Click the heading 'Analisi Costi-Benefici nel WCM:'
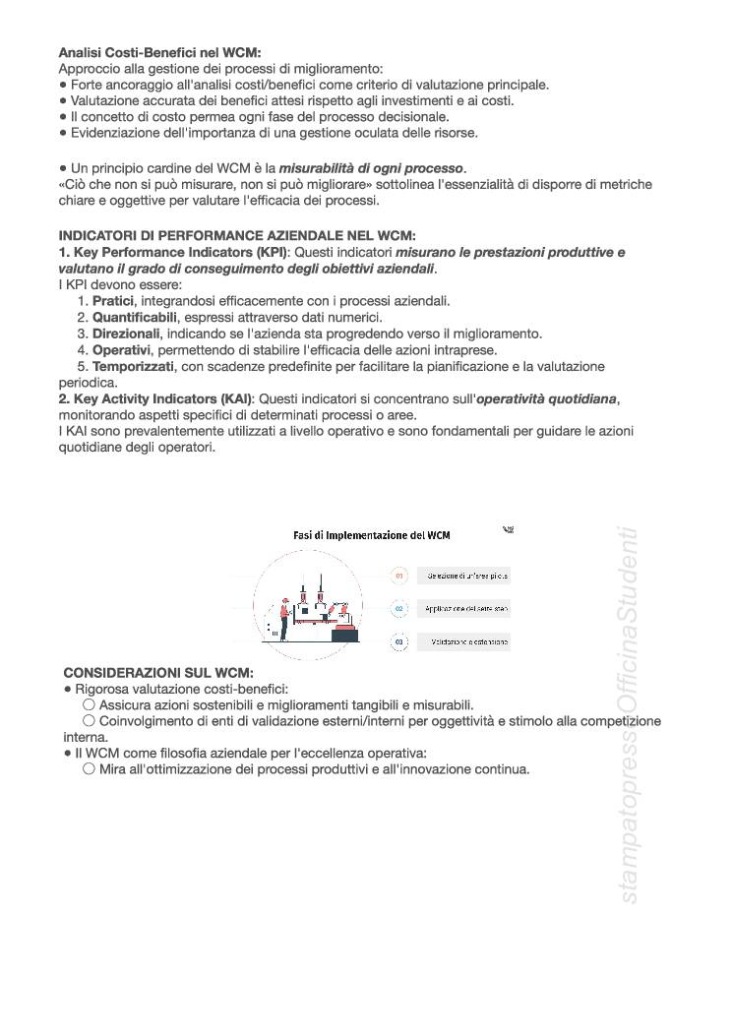(159, 52)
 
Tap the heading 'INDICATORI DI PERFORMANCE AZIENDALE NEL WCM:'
(237, 236)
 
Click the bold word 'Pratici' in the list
(113, 301)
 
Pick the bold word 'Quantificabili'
(135, 318)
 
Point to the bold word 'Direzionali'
(127, 334)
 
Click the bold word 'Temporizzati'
(133, 366)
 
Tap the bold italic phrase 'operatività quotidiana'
(547, 397)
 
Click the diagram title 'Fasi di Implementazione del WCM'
(372, 535)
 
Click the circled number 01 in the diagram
(399, 576)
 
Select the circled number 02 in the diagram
(399, 609)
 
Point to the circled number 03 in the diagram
(399, 641)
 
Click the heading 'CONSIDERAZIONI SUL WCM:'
(158, 673)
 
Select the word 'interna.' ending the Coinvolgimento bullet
(86, 737)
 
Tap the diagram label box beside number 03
(463, 642)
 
